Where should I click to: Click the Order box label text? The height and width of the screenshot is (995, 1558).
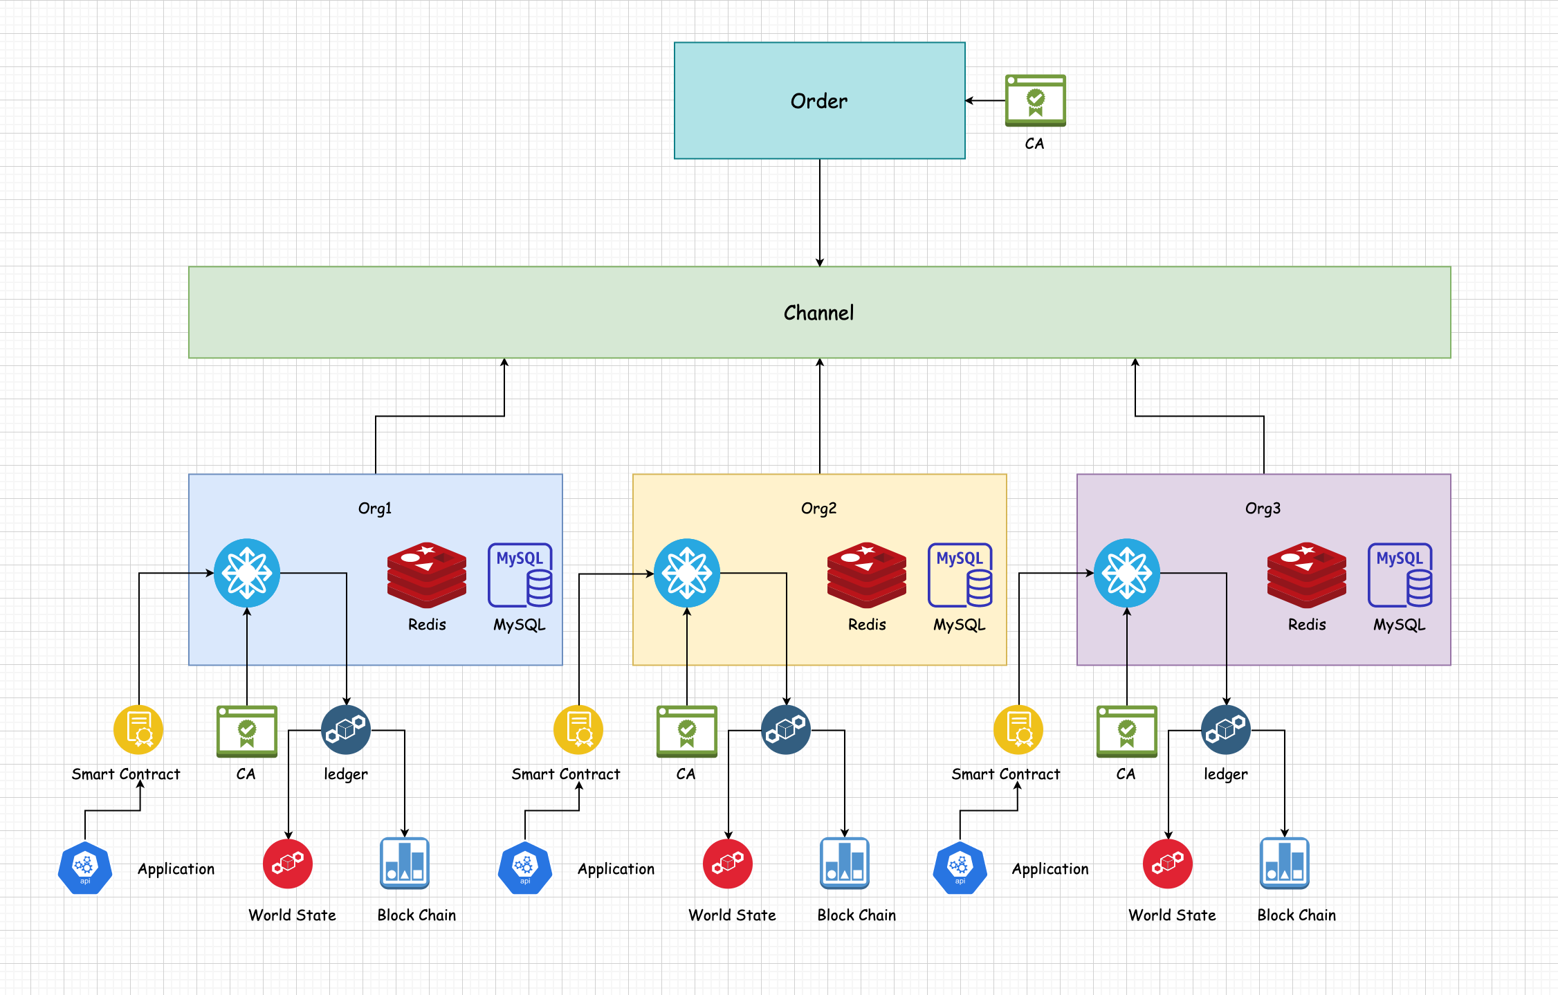point(819,101)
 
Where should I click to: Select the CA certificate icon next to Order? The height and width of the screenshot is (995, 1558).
point(1035,100)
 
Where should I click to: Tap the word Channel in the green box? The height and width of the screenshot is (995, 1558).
point(819,313)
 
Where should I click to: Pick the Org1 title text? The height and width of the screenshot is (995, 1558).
point(375,509)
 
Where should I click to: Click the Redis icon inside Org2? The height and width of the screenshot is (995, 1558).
point(867,575)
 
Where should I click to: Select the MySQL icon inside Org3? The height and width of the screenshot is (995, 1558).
point(1400,575)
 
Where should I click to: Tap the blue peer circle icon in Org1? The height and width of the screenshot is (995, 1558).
point(247,573)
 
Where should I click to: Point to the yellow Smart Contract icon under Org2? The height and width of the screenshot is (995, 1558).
point(578,730)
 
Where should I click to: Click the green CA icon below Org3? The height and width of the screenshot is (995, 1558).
point(1126,731)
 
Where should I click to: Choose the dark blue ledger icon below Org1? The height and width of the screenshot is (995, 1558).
point(346,730)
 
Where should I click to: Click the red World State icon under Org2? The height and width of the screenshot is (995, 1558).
point(728,864)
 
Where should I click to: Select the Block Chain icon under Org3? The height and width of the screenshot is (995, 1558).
point(1285,864)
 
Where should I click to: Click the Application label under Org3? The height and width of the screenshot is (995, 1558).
point(1050,869)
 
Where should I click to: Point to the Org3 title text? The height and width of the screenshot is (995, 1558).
point(1263,509)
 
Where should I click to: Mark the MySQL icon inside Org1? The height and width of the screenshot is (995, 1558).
point(520,575)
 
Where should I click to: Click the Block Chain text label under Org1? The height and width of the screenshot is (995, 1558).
point(416,915)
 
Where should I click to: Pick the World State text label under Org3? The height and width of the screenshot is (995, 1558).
point(1172,915)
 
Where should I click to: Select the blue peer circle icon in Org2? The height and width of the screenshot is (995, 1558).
point(687,573)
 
